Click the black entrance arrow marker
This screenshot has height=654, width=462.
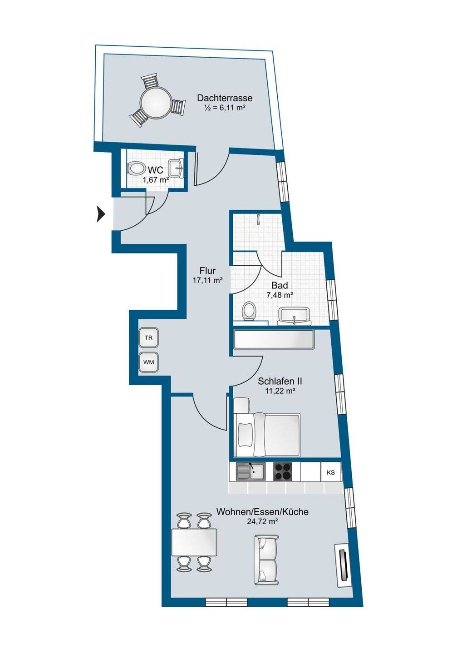point(101,214)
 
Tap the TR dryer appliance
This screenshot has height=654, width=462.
point(149,338)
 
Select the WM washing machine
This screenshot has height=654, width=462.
point(149,362)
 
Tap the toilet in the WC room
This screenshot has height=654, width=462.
point(136,169)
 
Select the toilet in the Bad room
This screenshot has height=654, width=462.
point(249,311)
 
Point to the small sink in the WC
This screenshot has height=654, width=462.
point(177,168)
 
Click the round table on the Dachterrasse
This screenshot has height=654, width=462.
point(156,102)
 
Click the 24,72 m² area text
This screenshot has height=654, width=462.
point(262,521)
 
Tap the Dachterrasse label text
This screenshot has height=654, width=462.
point(225,98)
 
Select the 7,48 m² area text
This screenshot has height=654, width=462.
point(280,295)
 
